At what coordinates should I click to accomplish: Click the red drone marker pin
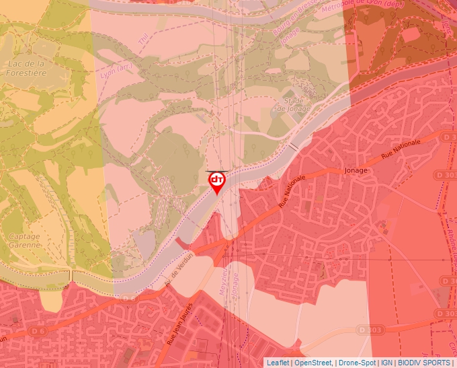point(217,182)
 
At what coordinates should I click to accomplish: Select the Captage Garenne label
point(24,241)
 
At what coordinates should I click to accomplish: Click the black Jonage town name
point(356,170)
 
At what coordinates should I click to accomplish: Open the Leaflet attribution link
point(278,363)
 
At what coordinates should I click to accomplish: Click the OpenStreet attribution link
point(314,363)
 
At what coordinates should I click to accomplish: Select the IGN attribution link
point(386,363)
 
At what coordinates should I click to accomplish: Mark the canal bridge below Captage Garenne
point(70,277)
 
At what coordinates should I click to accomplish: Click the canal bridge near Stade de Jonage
point(294,145)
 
